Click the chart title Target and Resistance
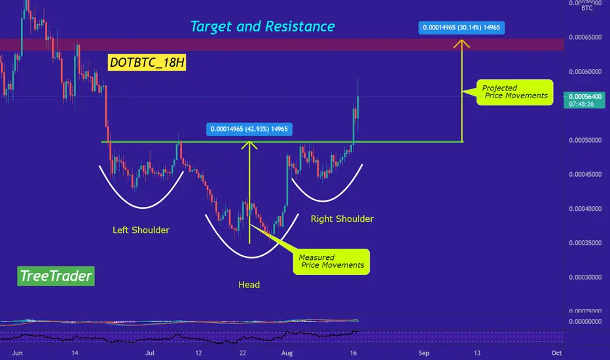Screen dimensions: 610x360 (262, 26)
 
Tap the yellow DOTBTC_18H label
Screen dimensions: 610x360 (147, 62)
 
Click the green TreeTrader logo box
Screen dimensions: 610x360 (56, 276)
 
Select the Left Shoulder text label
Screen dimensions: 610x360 (141, 230)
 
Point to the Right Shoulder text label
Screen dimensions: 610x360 (342, 219)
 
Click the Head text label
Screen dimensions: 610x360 (249, 285)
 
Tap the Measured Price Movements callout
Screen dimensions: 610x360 (331, 262)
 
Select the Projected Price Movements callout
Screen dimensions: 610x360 (514, 92)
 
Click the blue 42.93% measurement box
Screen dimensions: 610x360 (249, 129)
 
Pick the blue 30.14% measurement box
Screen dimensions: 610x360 (461, 27)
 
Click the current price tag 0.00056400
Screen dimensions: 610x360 (584, 100)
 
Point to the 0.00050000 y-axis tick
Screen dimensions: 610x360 (585, 140)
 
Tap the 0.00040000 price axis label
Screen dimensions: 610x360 (585, 209)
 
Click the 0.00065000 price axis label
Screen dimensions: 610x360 (585, 37)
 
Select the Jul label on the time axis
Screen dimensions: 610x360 (150, 353)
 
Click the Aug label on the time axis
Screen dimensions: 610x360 (287, 353)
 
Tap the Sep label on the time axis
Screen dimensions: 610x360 (423, 353)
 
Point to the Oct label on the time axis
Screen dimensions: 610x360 (557, 353)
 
